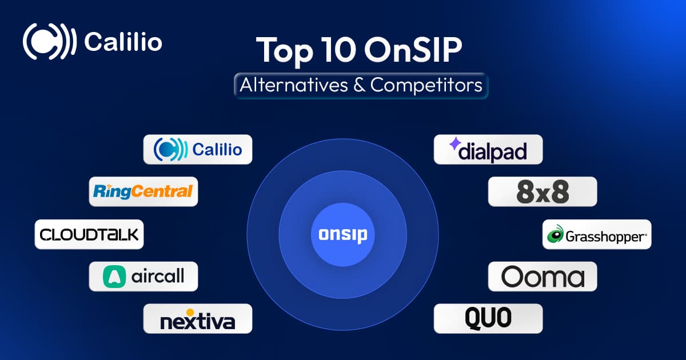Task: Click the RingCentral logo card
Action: (143, 191)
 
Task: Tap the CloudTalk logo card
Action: (89, 234)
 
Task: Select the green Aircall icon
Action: (114, 277)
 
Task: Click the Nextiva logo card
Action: (198, 319)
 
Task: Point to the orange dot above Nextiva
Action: (190, 312)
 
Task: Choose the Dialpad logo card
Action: (488, 149)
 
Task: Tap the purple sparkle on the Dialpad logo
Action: (455, 143)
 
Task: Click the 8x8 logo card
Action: (543, 191)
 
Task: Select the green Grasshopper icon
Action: (555, 234)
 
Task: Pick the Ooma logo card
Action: (543, 277)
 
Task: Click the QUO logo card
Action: (488, 319)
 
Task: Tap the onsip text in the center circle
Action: (342, 235)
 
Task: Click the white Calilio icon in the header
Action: (49, 41)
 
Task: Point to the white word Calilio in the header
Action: (123, 42)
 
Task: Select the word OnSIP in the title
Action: (413, 50)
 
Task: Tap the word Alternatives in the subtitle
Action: (294, 85)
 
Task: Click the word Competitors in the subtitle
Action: (426, 85)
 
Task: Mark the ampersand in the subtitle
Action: (359, 85)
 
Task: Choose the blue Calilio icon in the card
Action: (170, 149)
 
